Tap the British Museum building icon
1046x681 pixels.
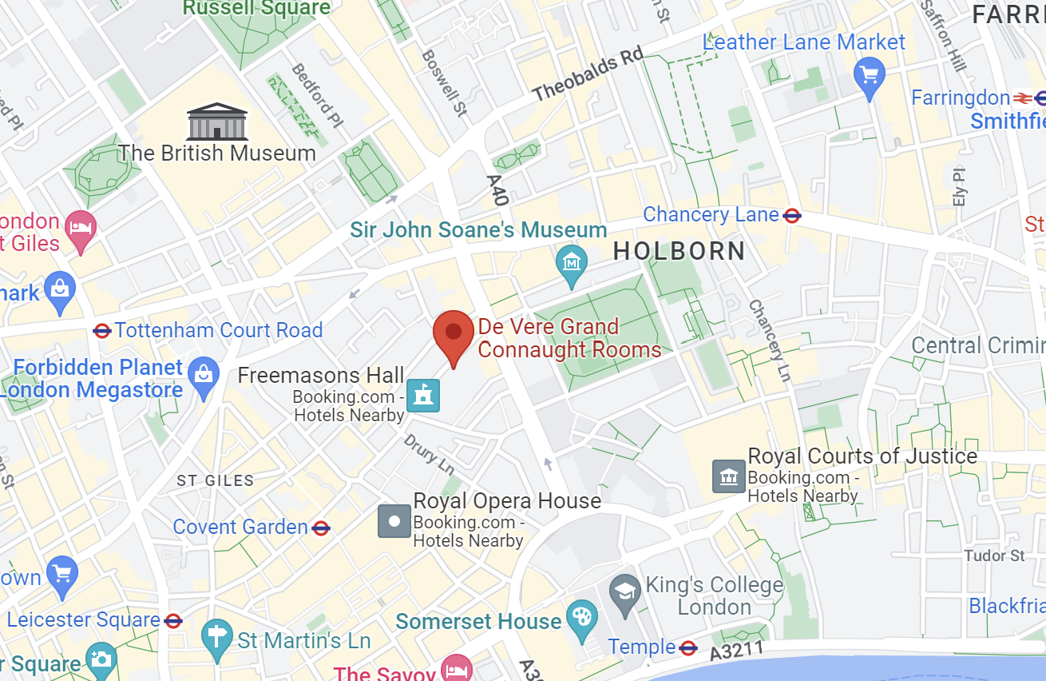[217, 121]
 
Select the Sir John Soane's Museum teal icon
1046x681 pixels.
[572, 263]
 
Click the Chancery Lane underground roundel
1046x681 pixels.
[792, 216]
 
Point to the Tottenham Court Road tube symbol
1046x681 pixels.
[102, 331]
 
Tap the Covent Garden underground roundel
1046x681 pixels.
[321, 528]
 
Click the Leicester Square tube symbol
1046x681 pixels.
[173, 620]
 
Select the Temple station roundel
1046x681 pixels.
[688, 647]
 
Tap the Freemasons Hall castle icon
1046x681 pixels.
[423, 396]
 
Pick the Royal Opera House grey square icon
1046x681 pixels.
[394, 521]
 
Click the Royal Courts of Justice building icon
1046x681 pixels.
[727, 477]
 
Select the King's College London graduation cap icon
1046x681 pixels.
[624, 592]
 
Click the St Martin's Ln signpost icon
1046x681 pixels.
[216, 638]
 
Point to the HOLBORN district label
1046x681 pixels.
[679, 252]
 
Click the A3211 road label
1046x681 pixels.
[737, 651]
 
